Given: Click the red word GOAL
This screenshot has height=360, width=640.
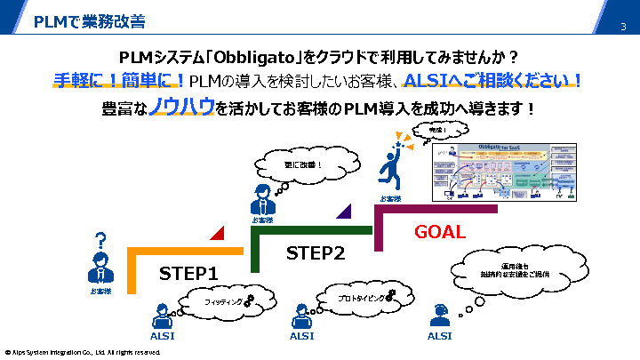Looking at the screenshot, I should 440,232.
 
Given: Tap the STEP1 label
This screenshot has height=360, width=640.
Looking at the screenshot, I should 188,273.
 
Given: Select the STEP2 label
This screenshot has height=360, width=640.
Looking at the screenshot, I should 315,253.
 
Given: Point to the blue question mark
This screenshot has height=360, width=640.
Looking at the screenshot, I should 100,241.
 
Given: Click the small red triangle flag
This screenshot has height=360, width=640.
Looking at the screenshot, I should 216,233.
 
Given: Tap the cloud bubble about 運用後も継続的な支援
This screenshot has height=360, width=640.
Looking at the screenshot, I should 502,269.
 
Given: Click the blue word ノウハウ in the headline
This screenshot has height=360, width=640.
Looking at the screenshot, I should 181,108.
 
